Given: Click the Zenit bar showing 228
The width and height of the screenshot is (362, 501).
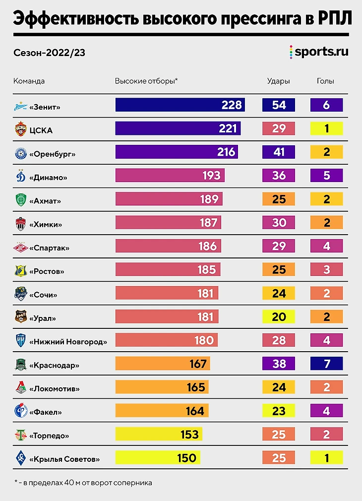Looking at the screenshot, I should click(x=180, y=105).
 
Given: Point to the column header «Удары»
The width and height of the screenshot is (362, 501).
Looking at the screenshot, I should click(x=278, y=81).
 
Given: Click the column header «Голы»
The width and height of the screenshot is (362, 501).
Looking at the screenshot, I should click(x=325, y=81).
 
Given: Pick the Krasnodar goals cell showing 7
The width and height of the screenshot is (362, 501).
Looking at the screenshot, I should click(x=327, y=364).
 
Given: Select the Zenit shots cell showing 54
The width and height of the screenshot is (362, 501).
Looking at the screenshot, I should click(x=279, y=105).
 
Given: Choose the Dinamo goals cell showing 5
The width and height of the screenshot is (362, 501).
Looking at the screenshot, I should click(x=327, y=175).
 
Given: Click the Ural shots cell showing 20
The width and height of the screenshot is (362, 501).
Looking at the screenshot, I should click(x=279, y=316).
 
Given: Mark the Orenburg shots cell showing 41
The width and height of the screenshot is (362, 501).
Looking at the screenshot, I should click(x=279, y=152).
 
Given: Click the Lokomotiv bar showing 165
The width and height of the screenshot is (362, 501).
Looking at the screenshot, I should click(x=162, y=387).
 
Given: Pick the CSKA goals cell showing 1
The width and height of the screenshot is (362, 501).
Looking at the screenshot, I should click(x=327, y=128).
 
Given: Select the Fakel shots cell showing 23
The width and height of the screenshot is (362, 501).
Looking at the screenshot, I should click(x=279, y=411).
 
